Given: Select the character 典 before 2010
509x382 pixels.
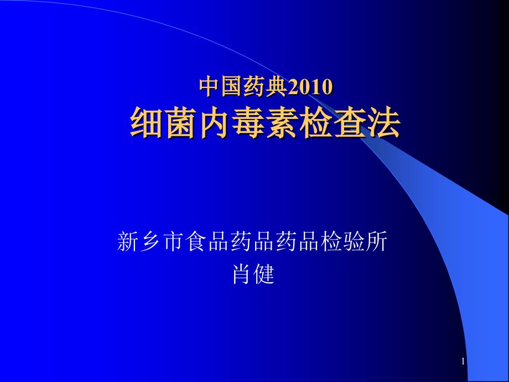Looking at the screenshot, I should (277, 87).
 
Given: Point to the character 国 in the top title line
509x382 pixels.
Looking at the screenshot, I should (232, 87).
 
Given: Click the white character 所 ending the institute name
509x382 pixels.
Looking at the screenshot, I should (379, 242).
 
